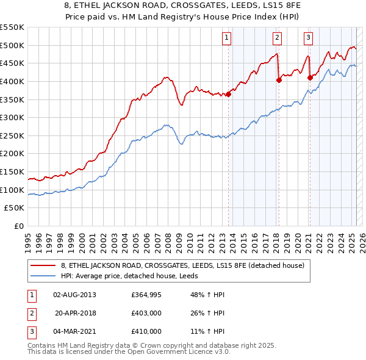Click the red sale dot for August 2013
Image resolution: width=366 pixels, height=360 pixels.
(x=228, y=93)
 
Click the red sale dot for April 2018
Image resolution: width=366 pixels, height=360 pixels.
(x=279, y=79)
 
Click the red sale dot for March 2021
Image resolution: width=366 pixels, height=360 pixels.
(x=310, y=77)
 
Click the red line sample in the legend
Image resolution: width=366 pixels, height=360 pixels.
(x=43, y=265)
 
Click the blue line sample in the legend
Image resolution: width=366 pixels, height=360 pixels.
(x=43, y=276)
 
